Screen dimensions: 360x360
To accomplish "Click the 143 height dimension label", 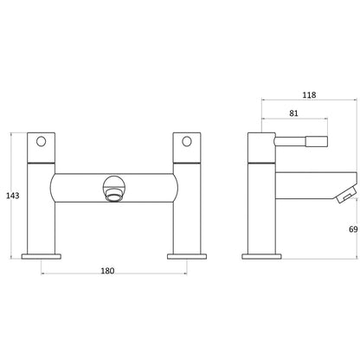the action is pos(13,196).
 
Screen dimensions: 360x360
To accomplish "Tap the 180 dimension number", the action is pos(107,271).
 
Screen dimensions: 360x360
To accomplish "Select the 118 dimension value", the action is pos(309,94).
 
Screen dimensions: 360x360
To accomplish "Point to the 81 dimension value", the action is pos(293,113).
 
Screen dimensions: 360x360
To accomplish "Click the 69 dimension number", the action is pos(353,229).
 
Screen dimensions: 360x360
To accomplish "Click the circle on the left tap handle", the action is pos(41,141).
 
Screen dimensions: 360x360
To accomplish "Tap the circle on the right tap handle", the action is pos(187,141).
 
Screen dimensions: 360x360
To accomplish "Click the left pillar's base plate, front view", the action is pos(42,256).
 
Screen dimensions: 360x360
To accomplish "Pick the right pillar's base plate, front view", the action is pos(187,256).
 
